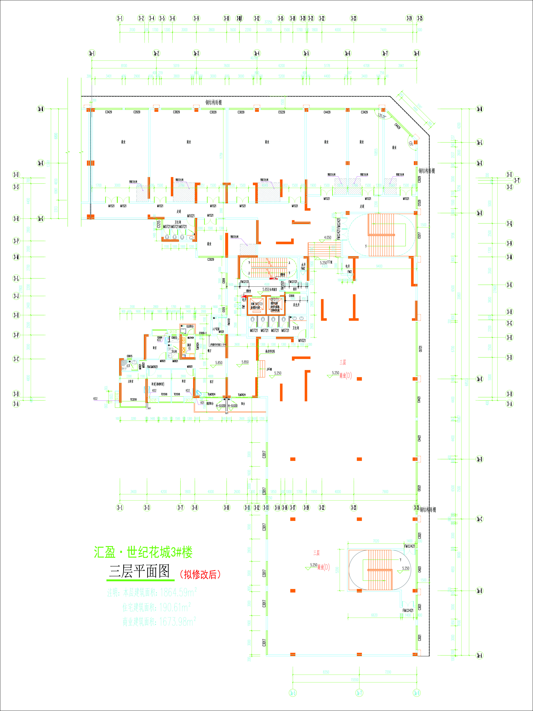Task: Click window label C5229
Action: [281, 112]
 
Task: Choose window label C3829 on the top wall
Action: [176, 112]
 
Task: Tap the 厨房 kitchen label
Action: [189, 345]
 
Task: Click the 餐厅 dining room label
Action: [209, 351]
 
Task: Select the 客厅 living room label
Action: [211, 382]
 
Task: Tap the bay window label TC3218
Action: [133, 400]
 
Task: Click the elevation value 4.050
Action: [327, 237]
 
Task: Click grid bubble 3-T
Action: [517, 180]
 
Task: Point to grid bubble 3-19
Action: [306, 508]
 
